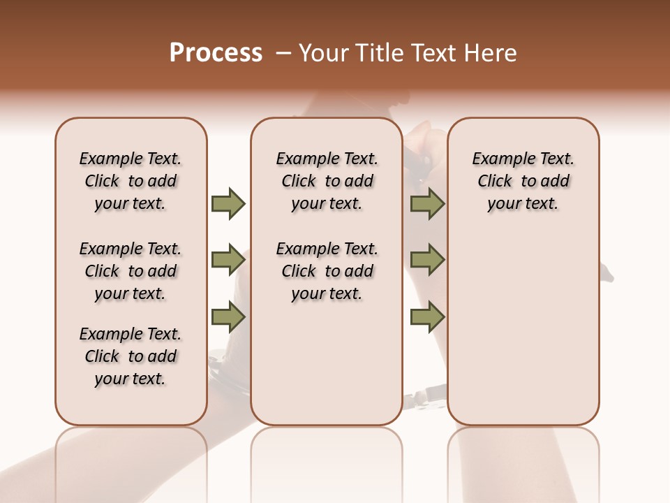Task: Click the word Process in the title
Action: [x=216, y=53]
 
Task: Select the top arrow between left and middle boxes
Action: [x=228, y=203]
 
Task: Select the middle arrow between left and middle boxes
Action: [x=228, y=260]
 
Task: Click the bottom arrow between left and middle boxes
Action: [x=228, y=317]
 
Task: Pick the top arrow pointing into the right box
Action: [x=427, y=203]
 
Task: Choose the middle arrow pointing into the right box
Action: [x=427, y=260]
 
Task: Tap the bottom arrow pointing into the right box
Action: [x=427, y=317]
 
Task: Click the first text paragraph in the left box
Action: [x=131, y=181]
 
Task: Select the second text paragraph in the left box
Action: [x=131, y=271]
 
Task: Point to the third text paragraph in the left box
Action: [x=131, y=356]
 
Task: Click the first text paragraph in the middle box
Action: [x=327, y=181]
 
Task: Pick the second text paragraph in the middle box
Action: [x=327, y=271]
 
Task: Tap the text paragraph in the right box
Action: [x=523, y=181]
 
